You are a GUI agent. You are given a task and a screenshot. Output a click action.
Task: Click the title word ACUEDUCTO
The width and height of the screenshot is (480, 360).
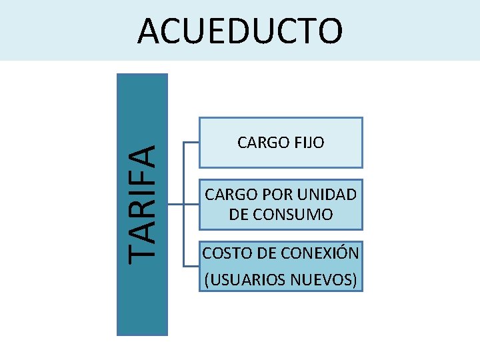coord(240,31)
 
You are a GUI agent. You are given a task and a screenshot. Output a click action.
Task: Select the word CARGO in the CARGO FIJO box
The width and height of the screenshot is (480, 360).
coord(260,142)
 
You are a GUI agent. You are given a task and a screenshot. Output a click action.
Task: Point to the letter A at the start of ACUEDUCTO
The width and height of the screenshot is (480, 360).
coord(149,31)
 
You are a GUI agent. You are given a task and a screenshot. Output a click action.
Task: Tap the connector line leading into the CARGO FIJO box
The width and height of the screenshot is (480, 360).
coord(190,143)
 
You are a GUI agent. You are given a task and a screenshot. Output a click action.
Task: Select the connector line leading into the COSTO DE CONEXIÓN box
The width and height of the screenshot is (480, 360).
coord(190,265)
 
